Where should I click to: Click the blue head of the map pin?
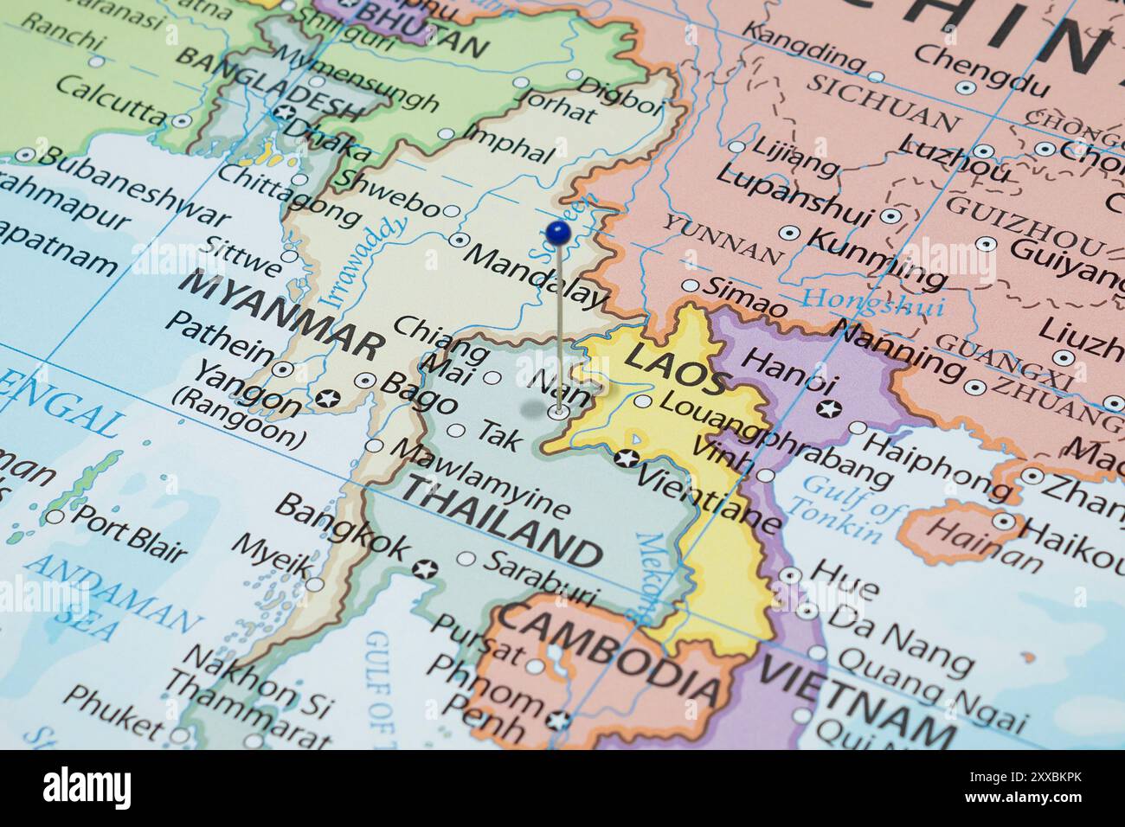(558, 231)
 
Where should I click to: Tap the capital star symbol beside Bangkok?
(424, 569)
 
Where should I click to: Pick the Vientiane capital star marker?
(627, 458)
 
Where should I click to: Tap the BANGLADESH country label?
(268, 83)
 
